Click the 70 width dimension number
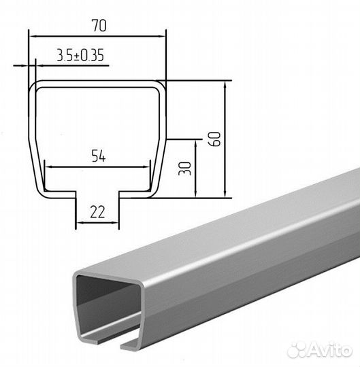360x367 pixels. [99, 26]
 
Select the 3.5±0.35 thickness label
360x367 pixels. [80, 55]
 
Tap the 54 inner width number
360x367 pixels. [99, 156]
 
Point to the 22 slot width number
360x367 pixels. [97, 212]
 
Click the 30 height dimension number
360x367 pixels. [185, 169]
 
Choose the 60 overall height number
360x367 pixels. [214, 139]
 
